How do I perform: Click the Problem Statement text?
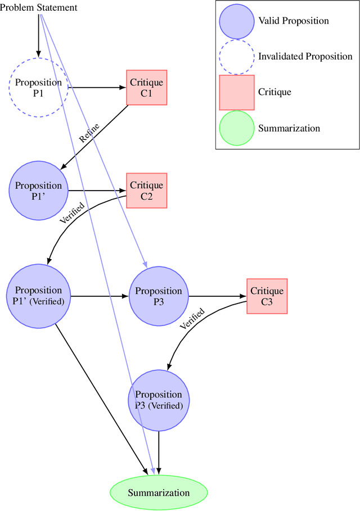tap(39, 7)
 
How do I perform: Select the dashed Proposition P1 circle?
tap(38, 88)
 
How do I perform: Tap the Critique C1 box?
tap(146, 88)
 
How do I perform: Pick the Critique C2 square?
tap(146, 191)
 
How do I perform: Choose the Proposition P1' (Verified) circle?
tap(38, 296)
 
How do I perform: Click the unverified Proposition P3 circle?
tap(159, 296)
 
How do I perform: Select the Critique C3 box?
tap(267, 296)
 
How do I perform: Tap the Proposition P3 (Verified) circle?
tap(159, 400)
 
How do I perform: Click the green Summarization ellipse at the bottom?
tap(159, 493)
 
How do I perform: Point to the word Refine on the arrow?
tap(90, 134)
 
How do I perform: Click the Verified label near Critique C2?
tap(72, 212)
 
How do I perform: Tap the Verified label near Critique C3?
tap(192, 318)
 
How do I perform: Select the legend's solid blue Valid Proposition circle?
tap(236, 21)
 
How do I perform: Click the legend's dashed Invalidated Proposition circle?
tap(236, 56)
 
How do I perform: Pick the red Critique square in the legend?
tap(236, 92)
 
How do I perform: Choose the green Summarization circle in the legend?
tap(236, 128)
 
